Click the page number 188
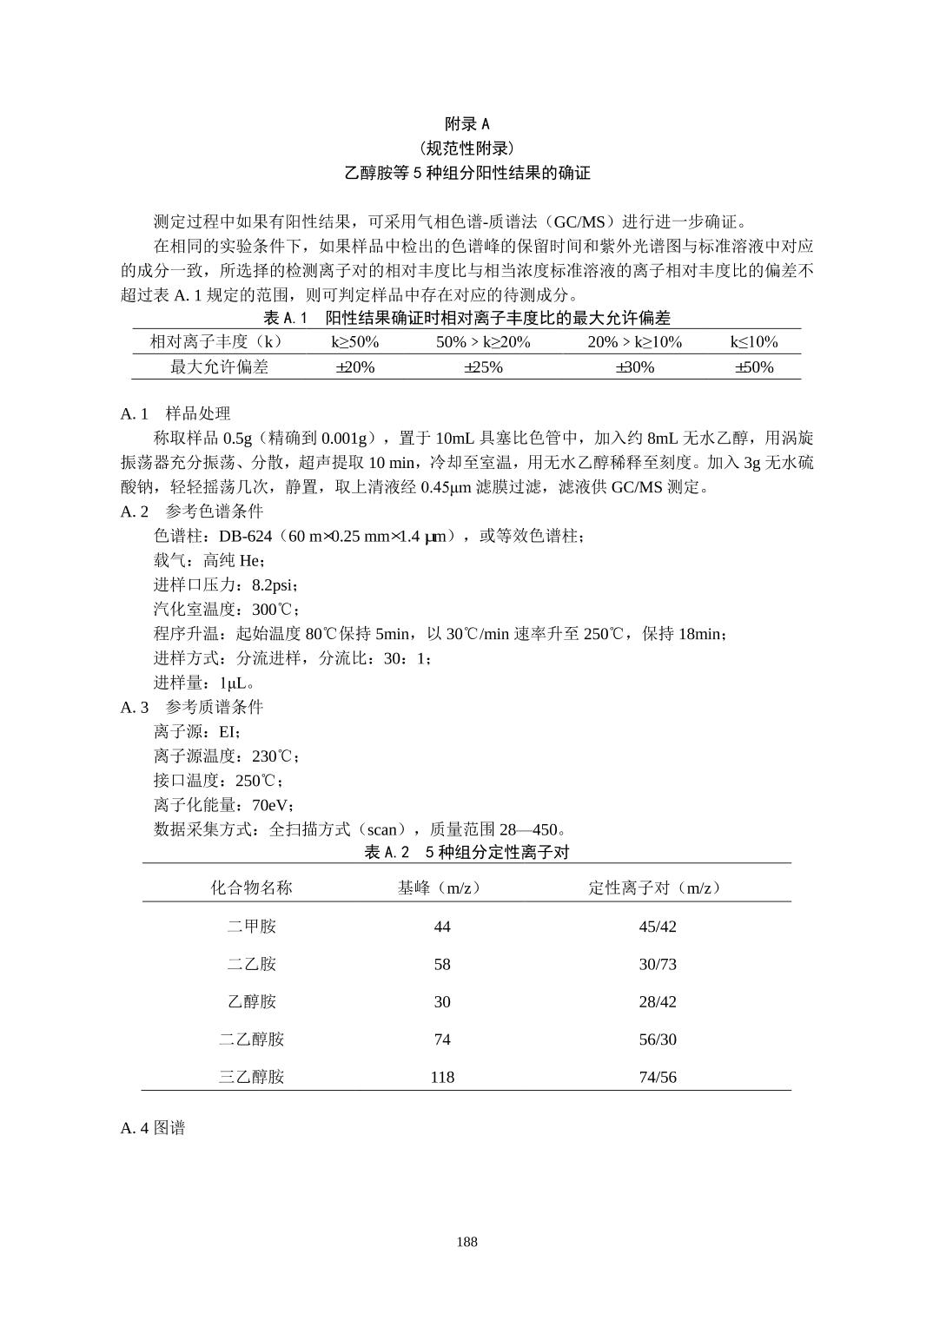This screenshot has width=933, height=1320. click(x=467, y=1242)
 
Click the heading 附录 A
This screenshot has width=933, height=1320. click(x=467, y=124)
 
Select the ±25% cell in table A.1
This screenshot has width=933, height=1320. click(x=483, y=367)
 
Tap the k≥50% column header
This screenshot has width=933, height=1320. click(x=354, y=342)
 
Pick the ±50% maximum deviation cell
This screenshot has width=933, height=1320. click(x=754, y=367)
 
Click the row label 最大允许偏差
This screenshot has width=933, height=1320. click(x=219, y=367)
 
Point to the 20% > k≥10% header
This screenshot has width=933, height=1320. click(x=634, y=342)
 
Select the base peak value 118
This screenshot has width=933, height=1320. click(x=442, y=1078)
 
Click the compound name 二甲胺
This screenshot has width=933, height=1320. click(x=251, y=927)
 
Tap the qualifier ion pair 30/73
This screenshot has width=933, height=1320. click(x=658, y=965)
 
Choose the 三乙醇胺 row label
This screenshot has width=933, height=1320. click(x=251, y=1078)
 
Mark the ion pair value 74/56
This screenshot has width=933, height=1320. click(x=658, y=1078)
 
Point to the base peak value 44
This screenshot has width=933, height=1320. click(x=442, y=927)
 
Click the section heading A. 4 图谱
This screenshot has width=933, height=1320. click(x=153, y=1128)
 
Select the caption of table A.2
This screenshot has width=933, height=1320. click(x=467, y=852)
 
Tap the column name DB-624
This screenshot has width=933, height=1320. click(x=246, y=536)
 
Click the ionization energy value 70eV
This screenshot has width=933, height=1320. click(x=272, y=805)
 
